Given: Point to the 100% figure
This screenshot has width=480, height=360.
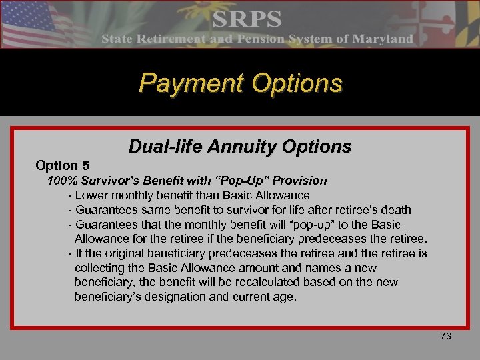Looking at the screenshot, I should pos(61,181).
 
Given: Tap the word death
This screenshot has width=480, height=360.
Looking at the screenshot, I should pos(396,210).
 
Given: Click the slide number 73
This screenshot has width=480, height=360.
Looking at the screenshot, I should pos(446,337).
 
